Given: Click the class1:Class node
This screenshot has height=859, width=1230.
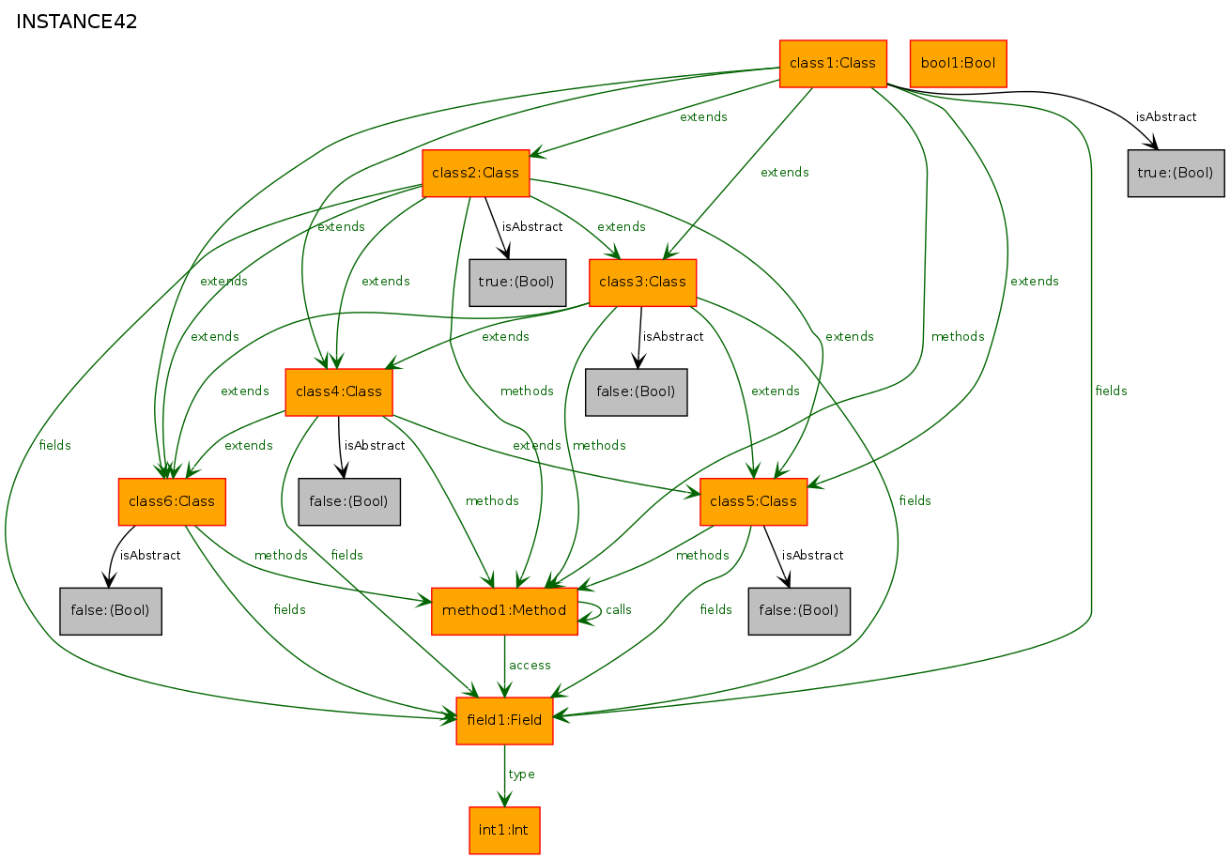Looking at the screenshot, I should pos(833,64).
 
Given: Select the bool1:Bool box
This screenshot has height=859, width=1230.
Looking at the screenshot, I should pos(958,64).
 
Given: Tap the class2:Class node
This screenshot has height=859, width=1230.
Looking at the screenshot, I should pos(476,173).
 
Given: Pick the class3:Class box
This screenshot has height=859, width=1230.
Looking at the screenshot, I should pos(642,283).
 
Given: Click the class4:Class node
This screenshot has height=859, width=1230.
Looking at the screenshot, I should pos(339,391).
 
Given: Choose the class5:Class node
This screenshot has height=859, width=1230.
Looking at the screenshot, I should pos(754,501).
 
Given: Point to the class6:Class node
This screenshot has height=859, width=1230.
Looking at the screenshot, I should pos(172,501).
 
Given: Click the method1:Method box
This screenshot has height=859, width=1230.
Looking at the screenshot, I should pos(504,611).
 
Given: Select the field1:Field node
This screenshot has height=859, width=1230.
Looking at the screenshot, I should pos(504,721).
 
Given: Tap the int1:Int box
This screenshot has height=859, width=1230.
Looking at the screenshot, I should pos(504,830).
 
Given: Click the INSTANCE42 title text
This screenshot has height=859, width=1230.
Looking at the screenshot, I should pos(77,23).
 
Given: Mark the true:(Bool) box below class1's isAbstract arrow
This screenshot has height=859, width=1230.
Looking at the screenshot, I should pos(1176,173).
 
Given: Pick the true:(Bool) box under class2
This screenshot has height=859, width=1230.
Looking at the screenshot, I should pos(517,283).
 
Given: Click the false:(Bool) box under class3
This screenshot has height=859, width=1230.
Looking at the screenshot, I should pos(637,391).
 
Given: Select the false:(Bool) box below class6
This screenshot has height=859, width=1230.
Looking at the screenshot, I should pos(111,611).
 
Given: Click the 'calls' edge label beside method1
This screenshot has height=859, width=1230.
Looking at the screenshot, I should pos(619,610).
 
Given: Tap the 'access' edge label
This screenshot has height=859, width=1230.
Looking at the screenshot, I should pos(530,666).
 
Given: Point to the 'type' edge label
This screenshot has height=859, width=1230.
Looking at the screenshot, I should pos(521,775).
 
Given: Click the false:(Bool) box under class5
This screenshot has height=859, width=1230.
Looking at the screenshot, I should pos(799,611).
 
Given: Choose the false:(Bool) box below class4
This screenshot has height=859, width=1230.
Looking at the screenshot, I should pos(349,501).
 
